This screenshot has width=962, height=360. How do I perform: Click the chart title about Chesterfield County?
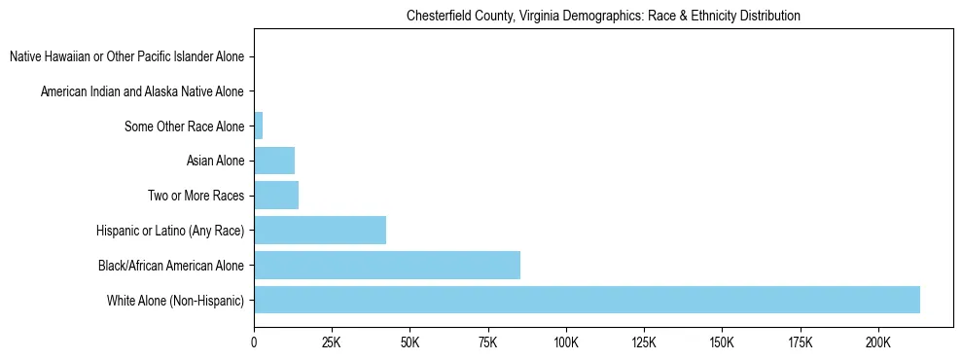(x=603, y=17)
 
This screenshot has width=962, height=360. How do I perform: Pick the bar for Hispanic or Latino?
(x=320, y=231)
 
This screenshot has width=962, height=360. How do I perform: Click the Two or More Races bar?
(x=276, y=196)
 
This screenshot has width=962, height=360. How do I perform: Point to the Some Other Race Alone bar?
(x=259, y=126)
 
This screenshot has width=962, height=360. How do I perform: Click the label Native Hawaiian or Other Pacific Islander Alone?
(x=126, y=57)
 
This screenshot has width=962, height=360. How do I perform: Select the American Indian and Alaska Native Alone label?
(x=142, y=92)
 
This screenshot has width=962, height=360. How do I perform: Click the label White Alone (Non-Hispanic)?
(x=176, y=301)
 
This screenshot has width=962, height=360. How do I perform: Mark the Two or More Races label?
(x=196, y=197)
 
